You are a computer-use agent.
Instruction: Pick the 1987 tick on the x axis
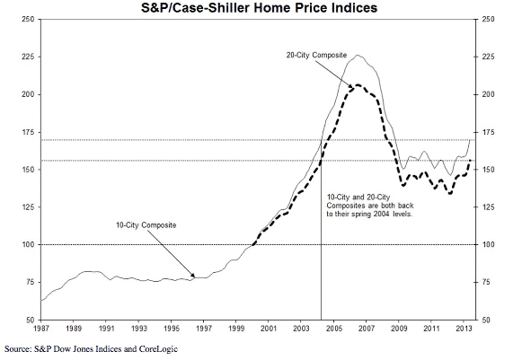(x=41, y=329)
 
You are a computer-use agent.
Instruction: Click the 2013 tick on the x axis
(x=463, y=329)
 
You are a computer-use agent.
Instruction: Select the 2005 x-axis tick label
(x=333, y=329)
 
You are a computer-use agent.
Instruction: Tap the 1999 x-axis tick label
(x=235, y=329)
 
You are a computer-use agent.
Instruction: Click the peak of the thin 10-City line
(x=358, y=55)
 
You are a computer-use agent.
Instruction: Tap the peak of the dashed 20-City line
(x=357, y=84)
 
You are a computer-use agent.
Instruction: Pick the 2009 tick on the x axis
(x=398, y=329)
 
